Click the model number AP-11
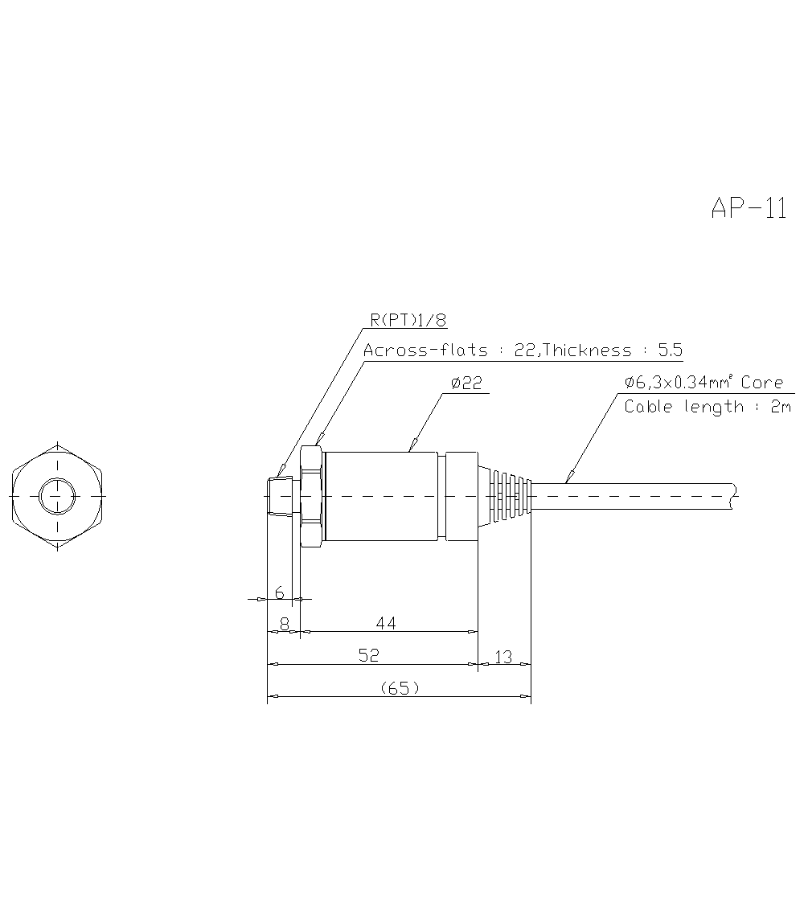(748, 208)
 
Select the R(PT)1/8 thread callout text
(408, 320)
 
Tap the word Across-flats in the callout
(425, 351)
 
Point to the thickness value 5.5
(669, 351)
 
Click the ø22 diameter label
(466, 383)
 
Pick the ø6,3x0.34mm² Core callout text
(703, 383)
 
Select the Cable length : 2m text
(708, 407)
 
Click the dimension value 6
(280, 592)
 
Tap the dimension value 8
(284, 623)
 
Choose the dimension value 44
(386, 623)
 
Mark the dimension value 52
(368, 656)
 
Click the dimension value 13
(503, 657)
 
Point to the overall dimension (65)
(399, 688)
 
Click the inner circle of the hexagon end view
(57, 497)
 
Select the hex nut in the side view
(312, 497)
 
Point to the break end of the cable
(732, 496)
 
